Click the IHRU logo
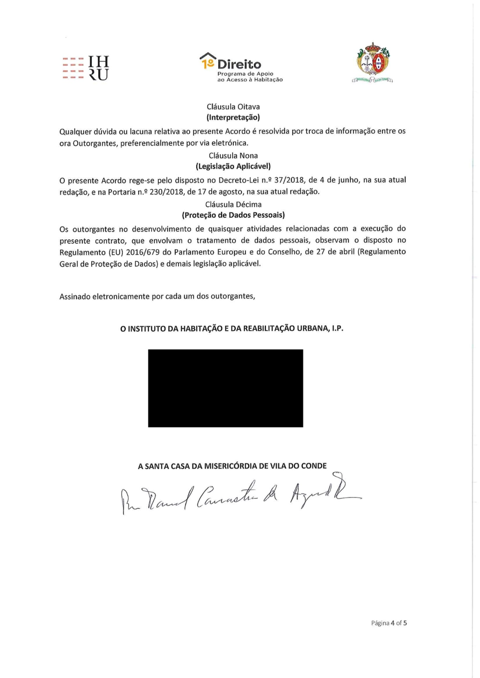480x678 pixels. coord(86,68)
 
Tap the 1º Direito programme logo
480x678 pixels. coord(241,68)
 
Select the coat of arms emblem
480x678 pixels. coord(373,63)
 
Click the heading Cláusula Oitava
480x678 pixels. coord(233,107)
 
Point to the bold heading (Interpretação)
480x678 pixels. coord(233,117)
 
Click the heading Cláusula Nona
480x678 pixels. coord(233,156)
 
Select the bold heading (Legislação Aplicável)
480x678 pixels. coord(233,166)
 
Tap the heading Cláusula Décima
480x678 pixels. coord(233,205)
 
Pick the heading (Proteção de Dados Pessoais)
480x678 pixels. coord(233,215)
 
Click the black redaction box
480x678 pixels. coord(226,388)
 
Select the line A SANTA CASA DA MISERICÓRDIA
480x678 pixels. coord(232,466)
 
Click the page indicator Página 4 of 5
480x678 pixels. coord(389,623)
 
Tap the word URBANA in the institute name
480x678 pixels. coord(313,328)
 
